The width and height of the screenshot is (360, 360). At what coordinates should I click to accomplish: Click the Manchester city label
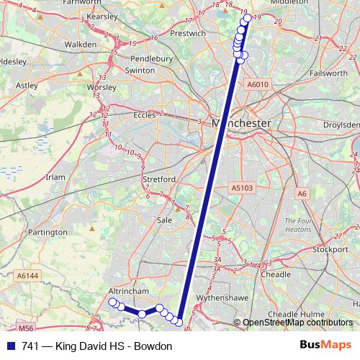(242, 124)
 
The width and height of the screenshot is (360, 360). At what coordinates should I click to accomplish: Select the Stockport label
(330, 250)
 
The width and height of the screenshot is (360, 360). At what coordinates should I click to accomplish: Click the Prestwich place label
(189, 33)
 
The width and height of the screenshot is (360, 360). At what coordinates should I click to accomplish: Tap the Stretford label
(159, 179)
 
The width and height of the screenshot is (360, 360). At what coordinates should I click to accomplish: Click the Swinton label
(140, 71)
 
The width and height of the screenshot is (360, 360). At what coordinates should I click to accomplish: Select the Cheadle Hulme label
(293, 315)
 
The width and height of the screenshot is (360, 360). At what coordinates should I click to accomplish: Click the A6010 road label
(257, 85)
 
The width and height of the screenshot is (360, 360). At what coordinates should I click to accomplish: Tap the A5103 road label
(243, 188)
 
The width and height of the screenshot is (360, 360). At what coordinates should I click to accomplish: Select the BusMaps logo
(327, 346)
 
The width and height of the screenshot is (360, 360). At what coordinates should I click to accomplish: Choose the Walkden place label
(81, 44)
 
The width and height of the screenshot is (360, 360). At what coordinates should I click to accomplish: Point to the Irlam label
(55, 177)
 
